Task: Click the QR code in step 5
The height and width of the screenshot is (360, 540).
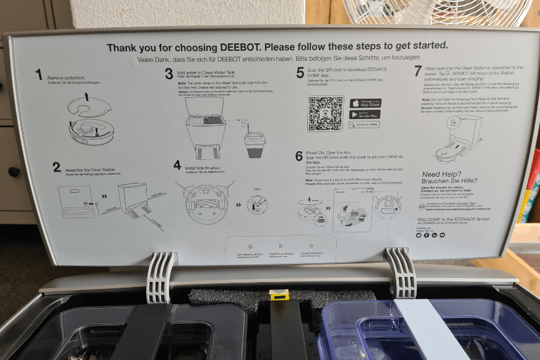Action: point(325,113)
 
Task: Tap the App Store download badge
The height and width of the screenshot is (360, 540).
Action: point(365,103)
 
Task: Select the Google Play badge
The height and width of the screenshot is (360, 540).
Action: point(365,114)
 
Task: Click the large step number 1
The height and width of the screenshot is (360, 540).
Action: point(38,76)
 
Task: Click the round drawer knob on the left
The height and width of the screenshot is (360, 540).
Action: point(12,172)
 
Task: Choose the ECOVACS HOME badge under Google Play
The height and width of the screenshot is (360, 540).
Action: point(365,125)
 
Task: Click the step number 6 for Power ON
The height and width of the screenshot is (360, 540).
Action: point(299,156)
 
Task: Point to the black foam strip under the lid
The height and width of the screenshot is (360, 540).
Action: point(229,298)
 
